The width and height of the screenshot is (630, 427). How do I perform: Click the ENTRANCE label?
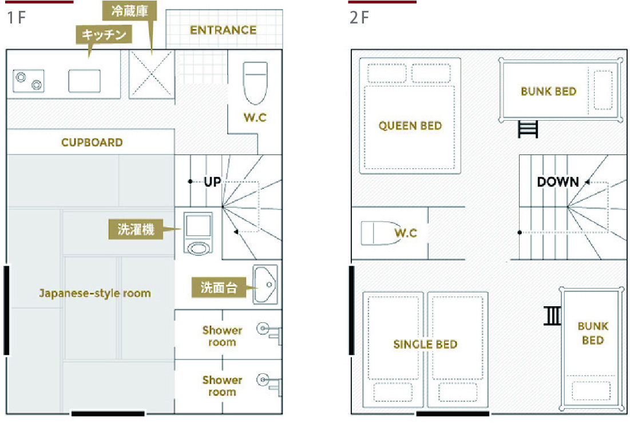(x=223, y=30)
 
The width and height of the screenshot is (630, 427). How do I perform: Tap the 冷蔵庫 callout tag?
(x=129, y=11)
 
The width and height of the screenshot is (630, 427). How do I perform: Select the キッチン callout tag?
(x=104, y=34)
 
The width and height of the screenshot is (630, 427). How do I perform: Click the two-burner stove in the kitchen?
(x=29, y=80)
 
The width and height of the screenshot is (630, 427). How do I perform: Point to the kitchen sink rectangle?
(x=84, y=81)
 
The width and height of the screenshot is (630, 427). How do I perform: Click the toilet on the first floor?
(x=255, y=83)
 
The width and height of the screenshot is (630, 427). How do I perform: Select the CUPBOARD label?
(x=92, y=143)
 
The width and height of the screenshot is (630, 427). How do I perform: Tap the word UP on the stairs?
(x=212, y=182)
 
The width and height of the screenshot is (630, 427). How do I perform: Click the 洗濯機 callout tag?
(x=136, y=229)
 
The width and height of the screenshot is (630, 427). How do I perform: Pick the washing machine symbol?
(x=198, y=233)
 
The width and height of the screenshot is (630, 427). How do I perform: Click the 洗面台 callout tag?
(x=219, y=287)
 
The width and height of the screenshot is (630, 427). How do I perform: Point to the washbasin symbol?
(x=265, y=284)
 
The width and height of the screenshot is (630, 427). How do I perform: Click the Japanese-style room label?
(x=95, y=293)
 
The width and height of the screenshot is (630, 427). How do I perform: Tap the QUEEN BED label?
(x=410, y=126)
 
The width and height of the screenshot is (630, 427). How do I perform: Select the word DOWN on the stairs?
(x=558, y=182)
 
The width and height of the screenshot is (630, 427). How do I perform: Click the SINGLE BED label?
(x=425, y=344)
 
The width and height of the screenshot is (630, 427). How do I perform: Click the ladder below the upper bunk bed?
(x=528, y=129)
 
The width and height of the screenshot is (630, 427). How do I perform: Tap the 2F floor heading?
(x=359, y=18)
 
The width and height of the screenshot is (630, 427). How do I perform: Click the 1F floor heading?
(x=17, y=18)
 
